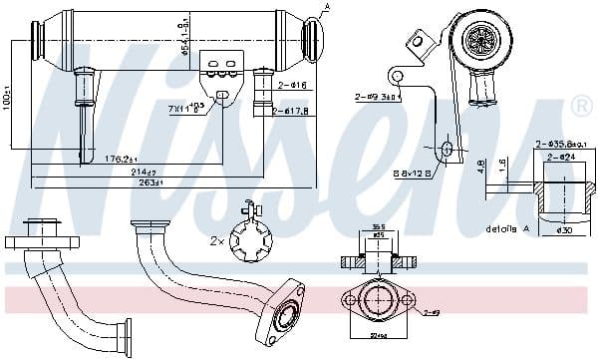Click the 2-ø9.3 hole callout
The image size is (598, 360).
pyautogui.click(x=378, y=98)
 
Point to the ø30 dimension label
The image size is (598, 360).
pyautogui.click(x=565, y=231)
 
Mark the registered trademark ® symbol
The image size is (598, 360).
pyautogui.click(x=582, y=104)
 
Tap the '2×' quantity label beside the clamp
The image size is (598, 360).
pyautogui.click(x=216, y=241)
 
